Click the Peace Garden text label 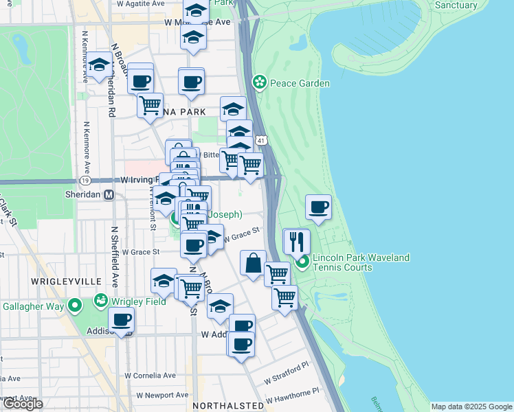(x=300, y=83)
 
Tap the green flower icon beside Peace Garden (x=260, y=83)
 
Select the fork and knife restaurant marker (x=297, y=242)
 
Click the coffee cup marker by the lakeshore (x=318, y=207)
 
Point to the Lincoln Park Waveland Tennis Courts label (x=361, y=262)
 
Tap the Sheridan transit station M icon (x=109, y=194)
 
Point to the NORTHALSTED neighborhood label (x=228, y=406)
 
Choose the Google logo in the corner (x=23, y=404)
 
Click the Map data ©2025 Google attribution (x=471, y=407)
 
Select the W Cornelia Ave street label (x=150, y=376)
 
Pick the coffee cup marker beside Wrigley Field (x=122, y=320)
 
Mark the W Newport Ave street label (x=162, y=395)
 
